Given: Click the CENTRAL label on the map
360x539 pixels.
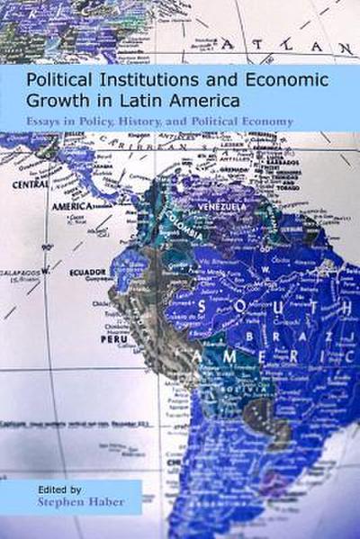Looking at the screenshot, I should pyautogui.click(x=29, y=184).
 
